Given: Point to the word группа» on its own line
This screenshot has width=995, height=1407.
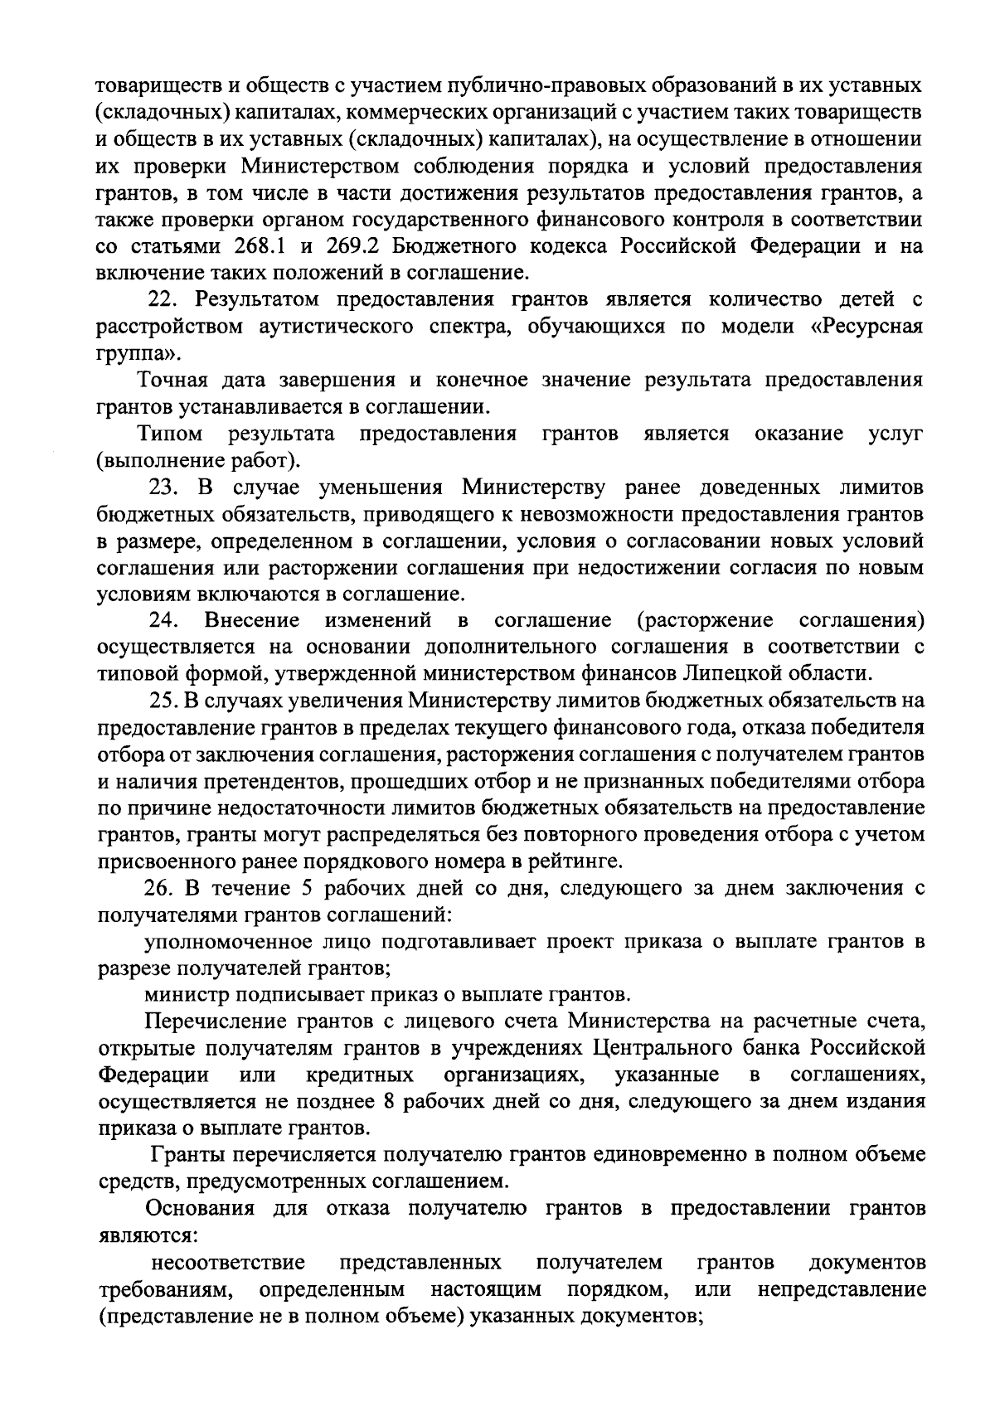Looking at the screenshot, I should point(137,353).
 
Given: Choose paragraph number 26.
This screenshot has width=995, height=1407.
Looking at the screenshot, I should point(158,889).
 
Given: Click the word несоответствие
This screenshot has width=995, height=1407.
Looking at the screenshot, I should point(227,1262).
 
